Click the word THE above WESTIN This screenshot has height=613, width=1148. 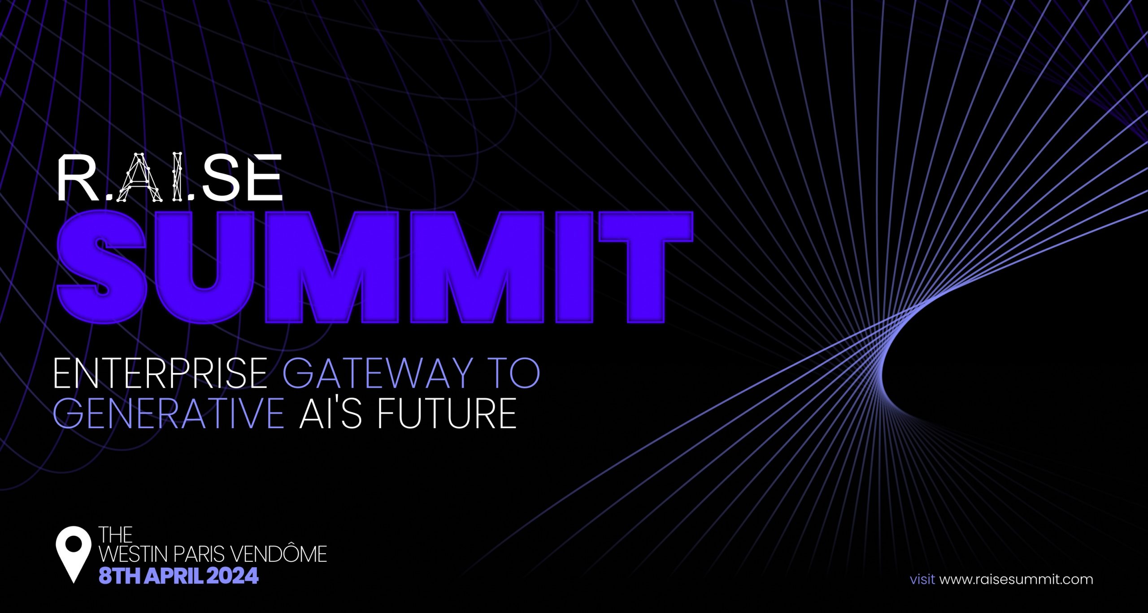tap(116, 534)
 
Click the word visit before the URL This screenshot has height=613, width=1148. tap(922, 579)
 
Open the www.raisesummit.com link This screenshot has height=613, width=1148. tap(1016, 579)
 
